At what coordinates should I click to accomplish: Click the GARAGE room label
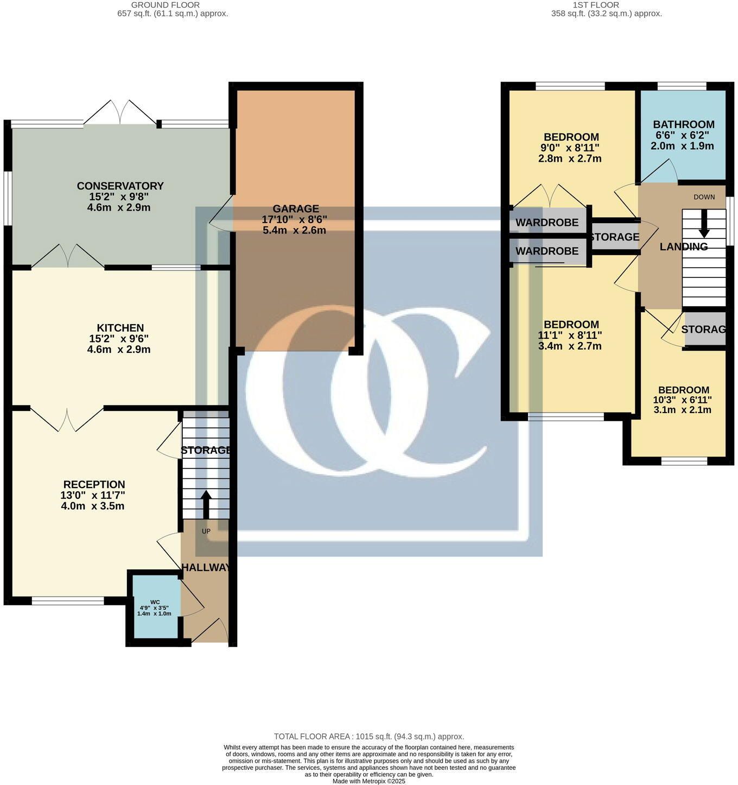pos(295,208)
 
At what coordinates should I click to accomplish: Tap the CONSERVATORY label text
pos(120,186)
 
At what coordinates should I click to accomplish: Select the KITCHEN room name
pos(120,328)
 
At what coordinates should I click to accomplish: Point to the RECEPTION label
pos(94,484)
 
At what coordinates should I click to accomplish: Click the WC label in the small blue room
pos(155,602)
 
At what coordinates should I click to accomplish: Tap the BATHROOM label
pos(683,124)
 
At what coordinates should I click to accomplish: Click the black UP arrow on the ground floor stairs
pos(206,505)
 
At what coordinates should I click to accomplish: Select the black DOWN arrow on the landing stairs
pos(704,223)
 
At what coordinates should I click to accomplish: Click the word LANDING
pos(683,246)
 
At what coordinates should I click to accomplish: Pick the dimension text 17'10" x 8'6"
pos(295,219)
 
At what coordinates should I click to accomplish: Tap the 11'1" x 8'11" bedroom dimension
pos(570,335)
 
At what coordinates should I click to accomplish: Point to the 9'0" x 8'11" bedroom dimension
pos(570,148)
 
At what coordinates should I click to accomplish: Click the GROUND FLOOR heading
pos(165,5)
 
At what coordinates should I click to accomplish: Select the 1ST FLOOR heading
pos(596,5)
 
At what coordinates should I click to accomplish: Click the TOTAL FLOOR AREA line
pos(369,736)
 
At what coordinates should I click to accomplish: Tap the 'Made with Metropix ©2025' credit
pos(369,781)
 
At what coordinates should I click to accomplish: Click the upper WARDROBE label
pos(546,223)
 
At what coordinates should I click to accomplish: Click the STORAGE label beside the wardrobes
pos(614,237)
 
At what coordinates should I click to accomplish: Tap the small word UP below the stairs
pos(206,531)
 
